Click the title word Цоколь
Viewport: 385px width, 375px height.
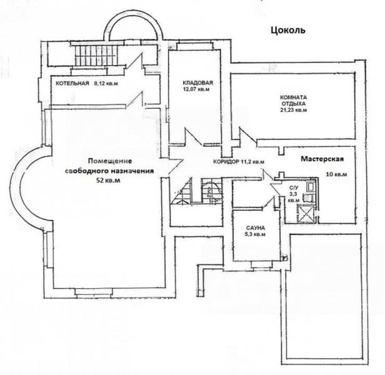(x=288, y=31)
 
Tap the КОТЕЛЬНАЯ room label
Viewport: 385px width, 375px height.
(x=72, y=83)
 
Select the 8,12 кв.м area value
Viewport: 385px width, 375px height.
(x=106, y=83)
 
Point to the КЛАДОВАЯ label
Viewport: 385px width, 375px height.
(x=197, y=82)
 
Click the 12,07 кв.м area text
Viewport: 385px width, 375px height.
(x=196, y=89)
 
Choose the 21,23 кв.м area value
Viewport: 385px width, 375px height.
(x=294, y=110)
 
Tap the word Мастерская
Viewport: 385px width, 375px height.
(x=322, y=159)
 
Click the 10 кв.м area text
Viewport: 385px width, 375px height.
(x=336, y=174)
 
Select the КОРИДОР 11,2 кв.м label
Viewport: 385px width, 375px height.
(x=239, y=162)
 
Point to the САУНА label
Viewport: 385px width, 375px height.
(x=255, y=227)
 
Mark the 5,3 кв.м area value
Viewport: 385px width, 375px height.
(x=255, y=234)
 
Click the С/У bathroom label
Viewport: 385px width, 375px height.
(x=294, y=188)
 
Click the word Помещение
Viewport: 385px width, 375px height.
(x=110, y=161)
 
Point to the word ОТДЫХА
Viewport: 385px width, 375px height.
(x=293, y=103)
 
